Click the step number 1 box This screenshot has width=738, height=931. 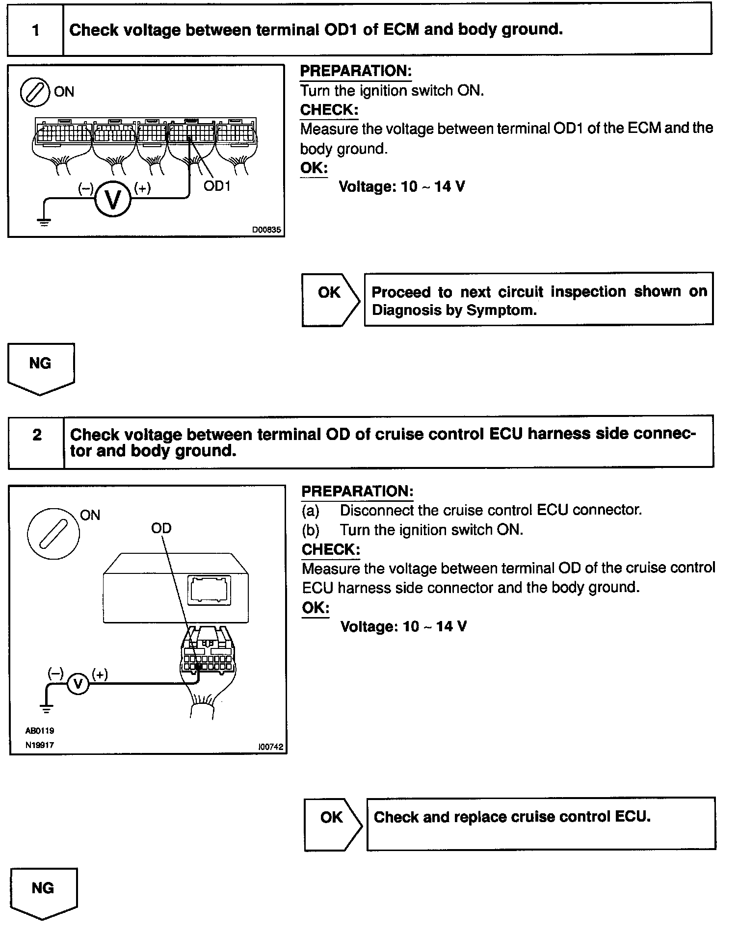(x=35, y=30)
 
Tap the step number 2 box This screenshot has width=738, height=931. (x=37, y=435)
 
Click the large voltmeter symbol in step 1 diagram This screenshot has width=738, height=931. (x=113, y=199)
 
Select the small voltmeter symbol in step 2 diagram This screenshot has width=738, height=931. (x=78, y=683)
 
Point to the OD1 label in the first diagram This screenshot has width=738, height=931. (x=216, y=186)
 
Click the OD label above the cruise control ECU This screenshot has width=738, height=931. (x=161, y=528)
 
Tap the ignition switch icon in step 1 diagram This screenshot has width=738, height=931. (x=34, y=92)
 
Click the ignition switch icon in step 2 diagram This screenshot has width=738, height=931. (x=53, y=534)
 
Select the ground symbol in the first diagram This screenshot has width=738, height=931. (x=44, y=222)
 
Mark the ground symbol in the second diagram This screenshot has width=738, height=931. (x=47, y=708)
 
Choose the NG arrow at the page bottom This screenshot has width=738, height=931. (x=43, y=892)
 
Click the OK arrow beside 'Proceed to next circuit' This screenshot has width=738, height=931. (x=330, y=300)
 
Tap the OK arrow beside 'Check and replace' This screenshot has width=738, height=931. (x=333, y=824)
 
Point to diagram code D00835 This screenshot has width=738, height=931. (x=266, y=230)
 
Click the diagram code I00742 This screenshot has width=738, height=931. (x=270, y=747)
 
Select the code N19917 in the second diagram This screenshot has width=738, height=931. (x=40, y=745)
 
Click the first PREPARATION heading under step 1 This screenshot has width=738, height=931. (x=356, y=71)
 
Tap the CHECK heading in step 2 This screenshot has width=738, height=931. (x=331, y=549)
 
